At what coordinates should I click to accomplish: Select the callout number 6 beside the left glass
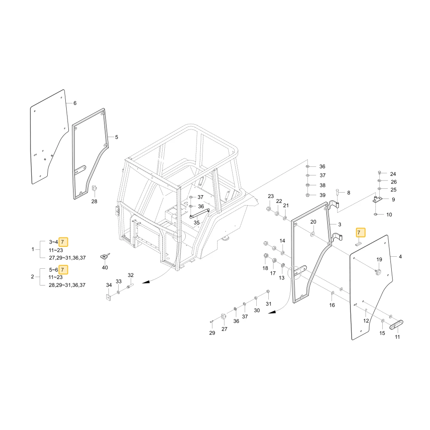pos(75,103)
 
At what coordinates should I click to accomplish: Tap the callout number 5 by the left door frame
pos(117,137)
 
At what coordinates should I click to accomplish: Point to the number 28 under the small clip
pos(94,201)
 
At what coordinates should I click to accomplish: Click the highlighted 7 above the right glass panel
pos(360,233)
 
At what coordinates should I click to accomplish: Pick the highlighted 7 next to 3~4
pos(63,242)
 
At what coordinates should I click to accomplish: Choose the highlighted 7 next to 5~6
pos(63,270)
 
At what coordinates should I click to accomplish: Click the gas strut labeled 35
pos(200,213)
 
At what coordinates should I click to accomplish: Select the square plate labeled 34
pos(109,298)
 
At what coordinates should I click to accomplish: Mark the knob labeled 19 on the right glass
pos(378,271)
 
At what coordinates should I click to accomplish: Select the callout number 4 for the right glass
pos(400,257)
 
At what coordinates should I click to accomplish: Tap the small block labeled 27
pos(224,316)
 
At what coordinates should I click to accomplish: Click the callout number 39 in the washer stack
pos(322,195)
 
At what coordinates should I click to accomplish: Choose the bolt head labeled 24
pos(380,172)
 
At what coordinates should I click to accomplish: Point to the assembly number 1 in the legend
pos(33,249)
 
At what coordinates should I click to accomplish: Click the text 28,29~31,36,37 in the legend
pos(67,285)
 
